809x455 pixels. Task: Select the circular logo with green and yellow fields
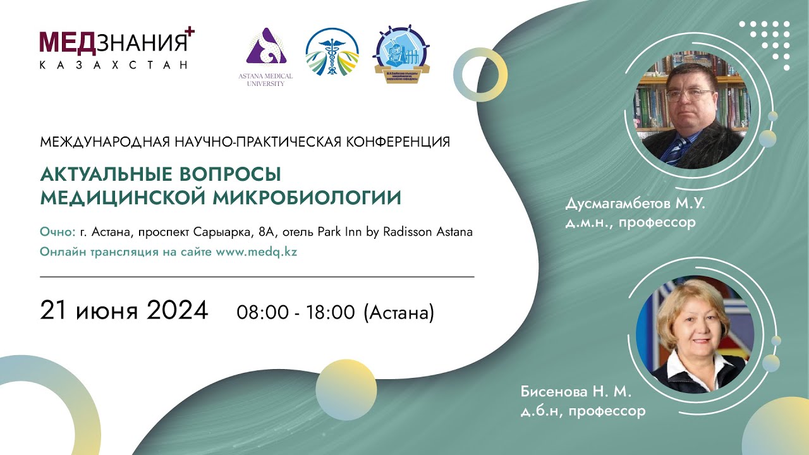[332, 52]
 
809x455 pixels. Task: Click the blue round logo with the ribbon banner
[401, 52]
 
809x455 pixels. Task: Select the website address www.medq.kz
[257, 251]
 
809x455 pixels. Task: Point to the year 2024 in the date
[178, 310]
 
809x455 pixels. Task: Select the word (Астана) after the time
[399, 312]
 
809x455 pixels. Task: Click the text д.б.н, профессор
[583, 411]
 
